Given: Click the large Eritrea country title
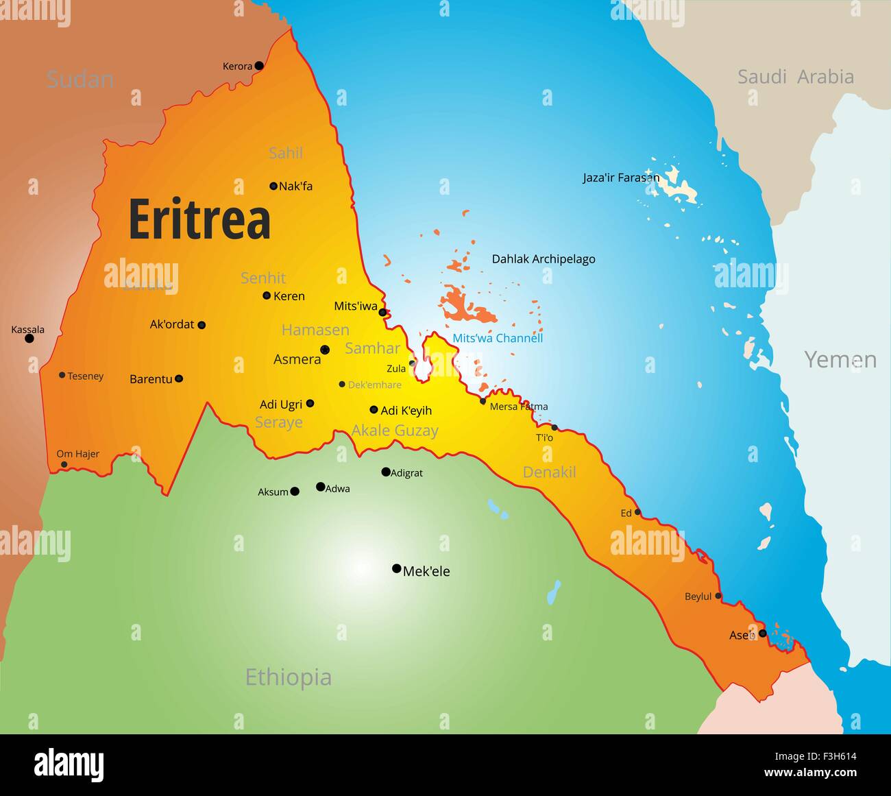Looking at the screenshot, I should pos(199,219).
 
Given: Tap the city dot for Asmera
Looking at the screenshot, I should pos(325,350).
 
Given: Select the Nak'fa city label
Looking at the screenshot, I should pos(295,186).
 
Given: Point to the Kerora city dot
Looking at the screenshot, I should pos(259,66).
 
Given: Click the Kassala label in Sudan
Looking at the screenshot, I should pos(28,329).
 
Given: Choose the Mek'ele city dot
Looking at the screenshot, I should pos(396,568).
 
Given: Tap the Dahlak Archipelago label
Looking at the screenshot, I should pos(544,259).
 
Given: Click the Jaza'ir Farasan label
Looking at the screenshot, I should pos(620,178).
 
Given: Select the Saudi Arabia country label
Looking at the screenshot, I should pos(795,77).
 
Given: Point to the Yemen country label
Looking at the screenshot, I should pos(840,360).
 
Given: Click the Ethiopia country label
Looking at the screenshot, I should pos(289,677).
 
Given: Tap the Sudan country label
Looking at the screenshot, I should pos(80,80).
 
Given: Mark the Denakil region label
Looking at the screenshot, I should pos(549,472).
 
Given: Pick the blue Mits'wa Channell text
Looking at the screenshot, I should pos(498,338).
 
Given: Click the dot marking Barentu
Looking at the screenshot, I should pos(179,378).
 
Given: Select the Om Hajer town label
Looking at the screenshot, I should pos(77,454).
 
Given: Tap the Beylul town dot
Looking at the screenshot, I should pos(718,596).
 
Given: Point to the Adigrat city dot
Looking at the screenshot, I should pos(386,472).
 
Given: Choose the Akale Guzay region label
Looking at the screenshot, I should pos(395,431).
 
